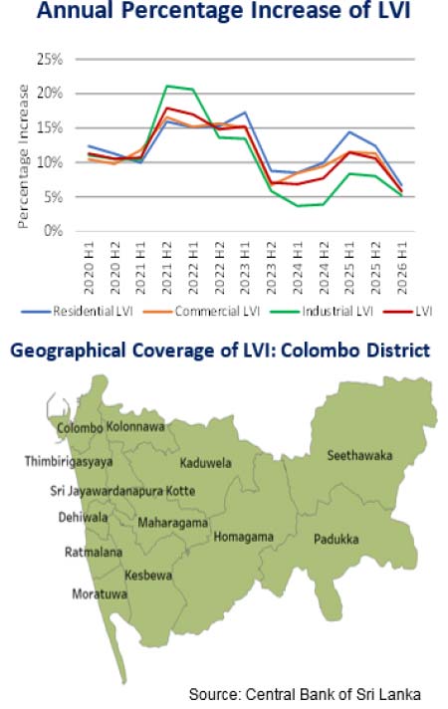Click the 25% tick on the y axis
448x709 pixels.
50,59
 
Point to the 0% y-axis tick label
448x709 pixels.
53,231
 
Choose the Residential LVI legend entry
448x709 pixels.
78,311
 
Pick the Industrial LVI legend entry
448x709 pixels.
322,311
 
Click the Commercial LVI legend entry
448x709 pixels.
202,311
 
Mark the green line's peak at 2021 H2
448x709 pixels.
167,86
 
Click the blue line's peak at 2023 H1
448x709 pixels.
245,113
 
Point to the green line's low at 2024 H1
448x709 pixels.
298,206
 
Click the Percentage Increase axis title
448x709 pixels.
23,156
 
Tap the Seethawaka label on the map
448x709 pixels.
359,455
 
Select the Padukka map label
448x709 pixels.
336,539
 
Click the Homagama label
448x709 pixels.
243,537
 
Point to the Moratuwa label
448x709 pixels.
100,593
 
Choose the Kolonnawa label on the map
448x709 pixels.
135,426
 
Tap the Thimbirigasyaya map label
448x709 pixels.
69,462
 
